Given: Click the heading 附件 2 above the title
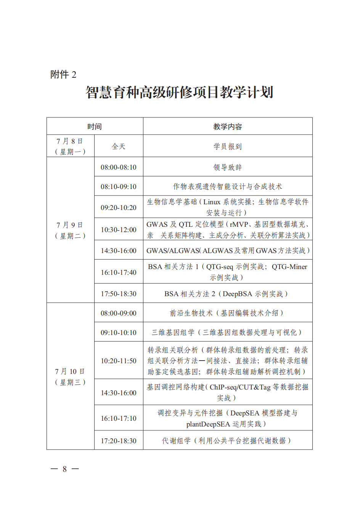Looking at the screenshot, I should [x=63, y=75].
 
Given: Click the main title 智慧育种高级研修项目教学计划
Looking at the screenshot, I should [x=179, y=93].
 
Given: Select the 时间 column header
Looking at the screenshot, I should [x=95, y=127].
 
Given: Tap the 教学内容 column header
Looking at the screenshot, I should [x=228, y=127].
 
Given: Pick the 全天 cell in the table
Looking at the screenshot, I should [x=119, y=146].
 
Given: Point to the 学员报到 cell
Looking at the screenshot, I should [x=228, y=146].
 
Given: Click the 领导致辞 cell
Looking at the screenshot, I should [x=228, y=167].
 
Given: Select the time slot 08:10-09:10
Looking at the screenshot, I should [x=119, y=187].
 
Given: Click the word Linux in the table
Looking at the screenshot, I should [x=212, y=202].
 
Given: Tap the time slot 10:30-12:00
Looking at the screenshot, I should [x=119, y=230].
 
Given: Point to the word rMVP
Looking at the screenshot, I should [x=239, y=224].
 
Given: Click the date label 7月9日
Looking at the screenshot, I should [x=70, y=225].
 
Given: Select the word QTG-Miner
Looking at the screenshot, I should [x=289, y=267].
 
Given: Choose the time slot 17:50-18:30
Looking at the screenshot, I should [x=119, y=294].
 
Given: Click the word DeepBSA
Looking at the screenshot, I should [x=238, y=294].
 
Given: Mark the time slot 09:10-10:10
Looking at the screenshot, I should [x=119, y=333].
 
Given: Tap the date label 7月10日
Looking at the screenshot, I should [x=70, y=372].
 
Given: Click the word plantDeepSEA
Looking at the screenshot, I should [x=208, y=424].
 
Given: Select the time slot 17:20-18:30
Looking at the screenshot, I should [x=119, y=441].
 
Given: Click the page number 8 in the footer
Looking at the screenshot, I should [x=65, y=469].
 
